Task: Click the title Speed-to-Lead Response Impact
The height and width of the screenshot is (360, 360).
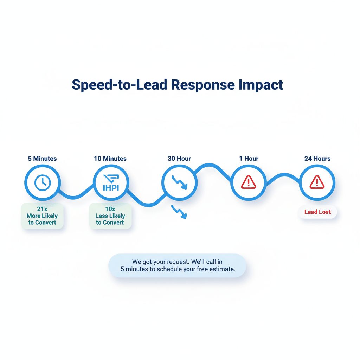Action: point(177,85)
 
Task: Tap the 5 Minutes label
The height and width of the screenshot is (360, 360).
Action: point(42,159)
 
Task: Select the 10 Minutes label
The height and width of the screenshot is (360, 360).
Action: point(110,159)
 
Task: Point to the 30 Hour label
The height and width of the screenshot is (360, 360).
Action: point(179,159)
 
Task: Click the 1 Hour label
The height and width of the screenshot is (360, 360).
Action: point(249,159)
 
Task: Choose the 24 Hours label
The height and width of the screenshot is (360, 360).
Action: point(317,159)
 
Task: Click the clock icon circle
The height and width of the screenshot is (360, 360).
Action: point(43,182)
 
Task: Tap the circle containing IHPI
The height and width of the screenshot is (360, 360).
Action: point(111,182)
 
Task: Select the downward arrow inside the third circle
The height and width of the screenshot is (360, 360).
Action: point(179,182)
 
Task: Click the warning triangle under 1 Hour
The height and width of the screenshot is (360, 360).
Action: point(249,182)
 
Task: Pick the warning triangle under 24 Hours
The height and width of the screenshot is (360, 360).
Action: point(317,182)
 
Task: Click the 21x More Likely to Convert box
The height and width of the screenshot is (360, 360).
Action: point(42,216)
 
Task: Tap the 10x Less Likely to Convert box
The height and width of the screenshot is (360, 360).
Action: point(110,216)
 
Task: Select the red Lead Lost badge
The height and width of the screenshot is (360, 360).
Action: point(317,212)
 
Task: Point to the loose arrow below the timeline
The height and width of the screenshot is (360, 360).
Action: point(179,212)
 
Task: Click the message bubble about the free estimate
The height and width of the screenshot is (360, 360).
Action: point(178,265)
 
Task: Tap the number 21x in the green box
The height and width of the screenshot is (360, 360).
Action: point(42,209)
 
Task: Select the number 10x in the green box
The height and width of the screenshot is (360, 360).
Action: point(110,209)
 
